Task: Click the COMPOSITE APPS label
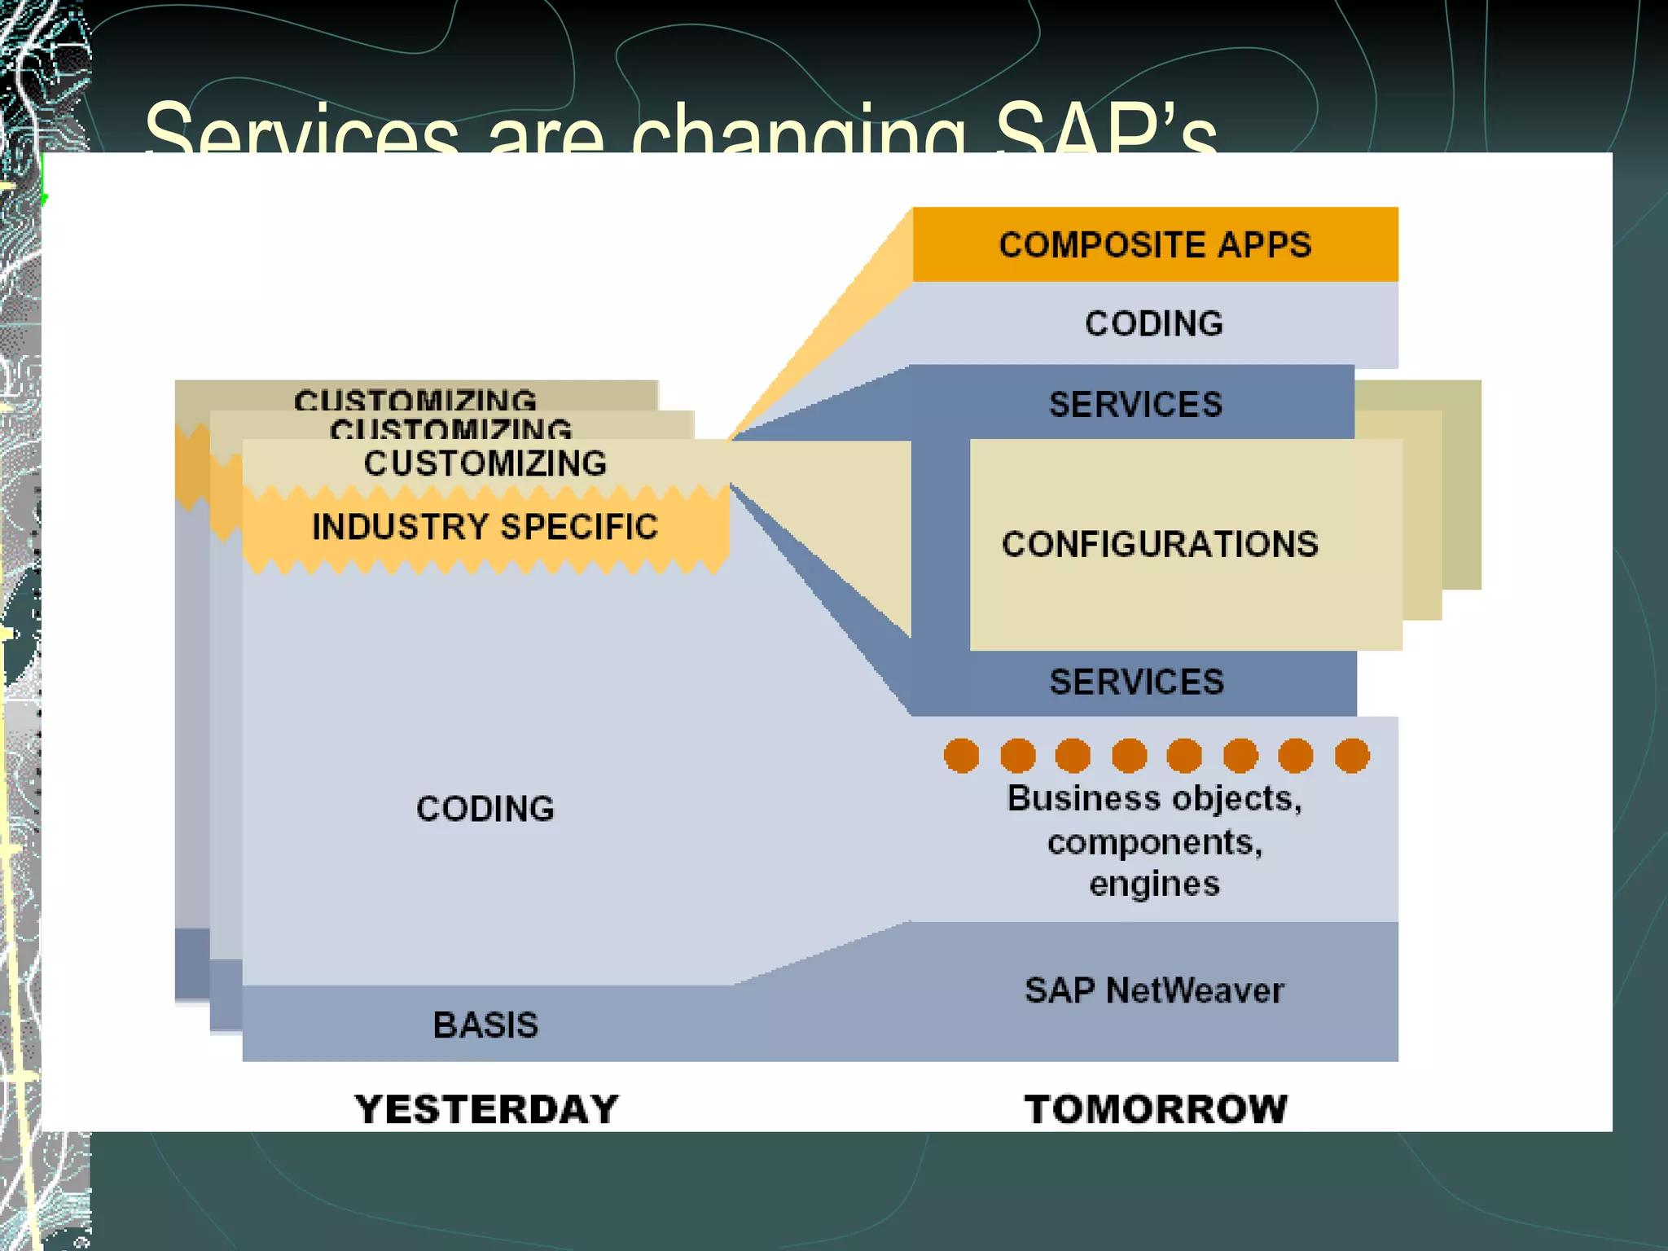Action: (x=1155, y=245)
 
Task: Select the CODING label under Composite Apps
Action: (x=1154, y=324)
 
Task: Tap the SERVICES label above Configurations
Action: (x=1135, y=405)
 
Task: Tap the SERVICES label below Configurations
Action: (x=1136, y=682)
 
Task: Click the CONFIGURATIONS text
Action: (x=1160, y=544)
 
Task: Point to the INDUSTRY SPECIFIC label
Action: (x=485, y=527)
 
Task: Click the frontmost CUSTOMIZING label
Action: (x=485, y=463)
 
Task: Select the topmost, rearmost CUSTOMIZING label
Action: (x=415, y=399)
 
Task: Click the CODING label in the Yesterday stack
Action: (x=485, y=809)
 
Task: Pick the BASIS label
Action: (x=485, y=1025)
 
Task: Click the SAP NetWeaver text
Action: (x=1154, y=990)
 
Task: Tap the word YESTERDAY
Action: (x=487, y=1109)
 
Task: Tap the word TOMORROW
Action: (x=1156, y=1109)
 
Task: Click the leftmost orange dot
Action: (x=961, y=755)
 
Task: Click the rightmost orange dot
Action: (x=1352, y=755)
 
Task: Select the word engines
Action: (x=1154, y=884)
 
